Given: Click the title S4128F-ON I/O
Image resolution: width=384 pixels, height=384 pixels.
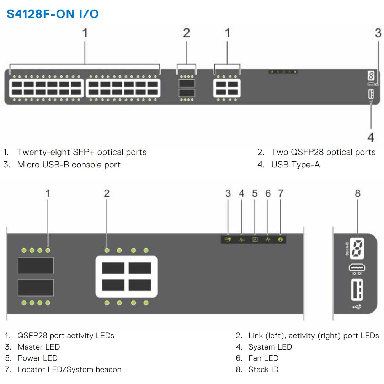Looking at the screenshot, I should [53, 14].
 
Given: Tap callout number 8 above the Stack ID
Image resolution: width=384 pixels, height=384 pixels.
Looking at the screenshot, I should [357, 193].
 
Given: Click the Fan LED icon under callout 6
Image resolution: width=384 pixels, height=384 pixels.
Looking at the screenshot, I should [268, 240].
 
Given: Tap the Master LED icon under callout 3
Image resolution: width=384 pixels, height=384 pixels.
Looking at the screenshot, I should [228, 240].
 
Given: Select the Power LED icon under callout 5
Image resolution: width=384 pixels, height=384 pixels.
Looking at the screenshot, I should [255, 240].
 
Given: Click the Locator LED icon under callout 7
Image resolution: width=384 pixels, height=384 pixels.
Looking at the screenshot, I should [281, 240].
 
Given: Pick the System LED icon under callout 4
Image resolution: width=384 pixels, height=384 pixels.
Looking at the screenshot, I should [241, 240].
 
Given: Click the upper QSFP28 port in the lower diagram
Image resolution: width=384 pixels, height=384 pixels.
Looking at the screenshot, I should [36, 265].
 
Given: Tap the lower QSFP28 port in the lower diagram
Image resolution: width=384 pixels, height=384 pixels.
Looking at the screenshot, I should [36, 287].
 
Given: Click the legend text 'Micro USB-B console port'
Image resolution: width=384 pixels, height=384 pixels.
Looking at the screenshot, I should [69, 165].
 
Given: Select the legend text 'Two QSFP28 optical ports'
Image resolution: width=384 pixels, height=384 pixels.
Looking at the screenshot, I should [323, 152].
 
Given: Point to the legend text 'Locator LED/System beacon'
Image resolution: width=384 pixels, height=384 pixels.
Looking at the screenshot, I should [69, 369].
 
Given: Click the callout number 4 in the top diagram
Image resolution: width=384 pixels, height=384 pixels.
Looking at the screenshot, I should [371, 137].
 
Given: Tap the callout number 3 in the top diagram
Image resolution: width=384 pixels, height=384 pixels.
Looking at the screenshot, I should [378, 33].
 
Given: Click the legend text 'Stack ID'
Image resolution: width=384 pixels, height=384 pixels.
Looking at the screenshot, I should [263, 369].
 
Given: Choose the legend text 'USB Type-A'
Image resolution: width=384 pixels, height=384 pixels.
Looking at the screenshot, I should [295, 165].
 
